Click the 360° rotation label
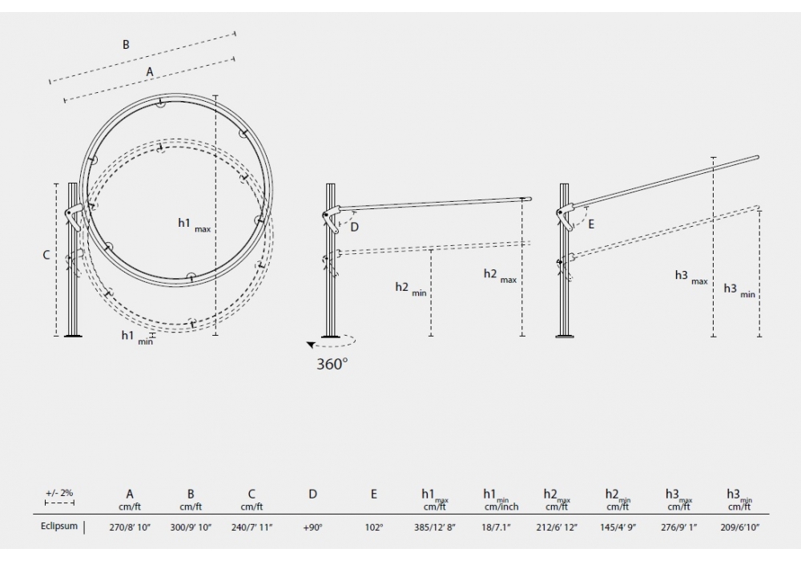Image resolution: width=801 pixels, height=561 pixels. [332, 364]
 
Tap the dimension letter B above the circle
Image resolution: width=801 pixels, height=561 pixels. [126, 45]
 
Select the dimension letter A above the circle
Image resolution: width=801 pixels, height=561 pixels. [150, 72]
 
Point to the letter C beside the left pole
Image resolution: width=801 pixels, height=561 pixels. [46, 254]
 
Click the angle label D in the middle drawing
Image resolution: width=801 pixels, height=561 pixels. [355, 228]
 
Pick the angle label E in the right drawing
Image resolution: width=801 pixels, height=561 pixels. [591, 224]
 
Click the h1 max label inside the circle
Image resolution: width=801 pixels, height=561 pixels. [194, 224]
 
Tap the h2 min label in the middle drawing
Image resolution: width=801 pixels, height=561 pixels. [411, 289]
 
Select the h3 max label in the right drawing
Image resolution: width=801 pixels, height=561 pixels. [691, 277]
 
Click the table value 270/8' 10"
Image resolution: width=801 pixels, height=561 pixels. [130, 527]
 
